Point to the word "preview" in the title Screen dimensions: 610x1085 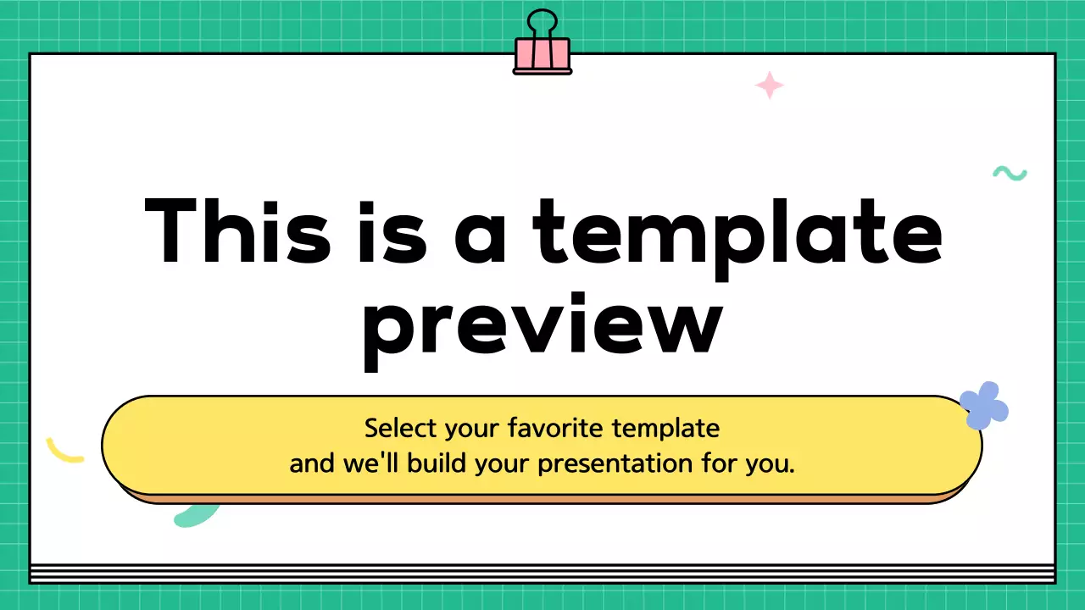tap(542, 326)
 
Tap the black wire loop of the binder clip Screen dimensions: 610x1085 tap(542, 22)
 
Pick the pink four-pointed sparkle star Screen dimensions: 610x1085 tap(770, 86)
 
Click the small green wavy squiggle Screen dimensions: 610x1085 tap(1010, 174)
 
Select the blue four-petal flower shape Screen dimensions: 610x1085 tap(984, 405)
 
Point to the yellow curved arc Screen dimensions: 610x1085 tap(64, 452)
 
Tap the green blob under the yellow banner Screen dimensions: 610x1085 tap(195, 513)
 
